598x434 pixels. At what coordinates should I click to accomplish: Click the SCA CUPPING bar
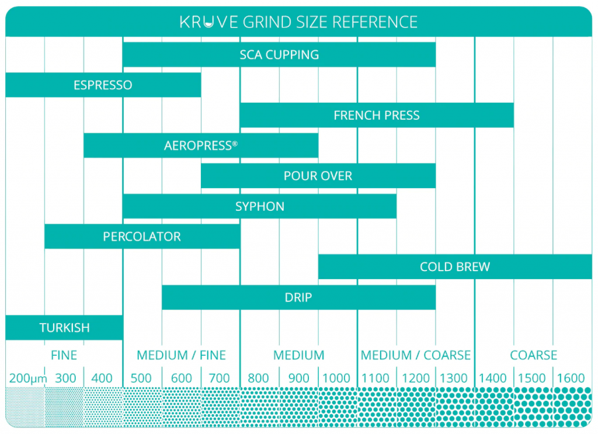point(279,55)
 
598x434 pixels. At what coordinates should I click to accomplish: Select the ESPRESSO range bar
point(103,85)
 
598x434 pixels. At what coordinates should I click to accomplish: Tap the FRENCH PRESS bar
point(377,116)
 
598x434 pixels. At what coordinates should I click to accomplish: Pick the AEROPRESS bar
point(201,146)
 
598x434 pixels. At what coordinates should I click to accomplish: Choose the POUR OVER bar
point(318,176)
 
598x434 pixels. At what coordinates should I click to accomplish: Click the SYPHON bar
point(260,206)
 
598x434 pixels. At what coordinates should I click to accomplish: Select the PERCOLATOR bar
point(142,237)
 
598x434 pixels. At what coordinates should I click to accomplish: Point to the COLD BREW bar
point(455,267)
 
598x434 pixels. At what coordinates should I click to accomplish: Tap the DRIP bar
point(298,297)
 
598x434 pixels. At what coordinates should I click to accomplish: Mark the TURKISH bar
point(64,328)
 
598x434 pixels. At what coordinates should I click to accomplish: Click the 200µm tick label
point(25,379)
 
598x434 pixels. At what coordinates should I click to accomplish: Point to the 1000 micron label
point(336,379)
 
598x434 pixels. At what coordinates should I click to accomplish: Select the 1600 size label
point(571,379)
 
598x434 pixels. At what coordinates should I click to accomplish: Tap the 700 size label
point(220,379)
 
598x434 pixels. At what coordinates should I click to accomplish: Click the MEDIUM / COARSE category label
point(415,355)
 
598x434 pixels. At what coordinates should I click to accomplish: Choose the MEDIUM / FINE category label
point(181,355)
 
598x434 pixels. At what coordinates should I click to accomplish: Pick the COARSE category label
point(533,355)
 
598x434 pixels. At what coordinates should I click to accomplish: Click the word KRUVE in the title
point(208,23)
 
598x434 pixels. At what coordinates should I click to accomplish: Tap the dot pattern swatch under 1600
point(572,407)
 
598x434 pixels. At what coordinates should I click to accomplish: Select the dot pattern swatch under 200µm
point(25,407)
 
